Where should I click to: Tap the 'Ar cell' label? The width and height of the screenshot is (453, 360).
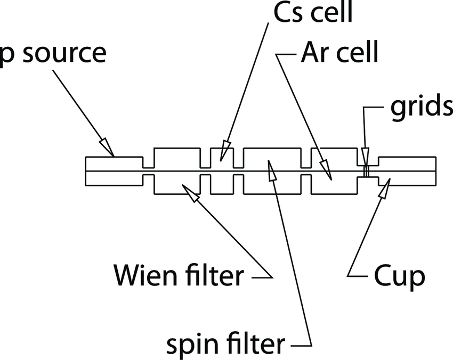[x=338, y=54]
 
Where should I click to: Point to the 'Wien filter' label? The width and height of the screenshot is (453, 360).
[x=179, y=276]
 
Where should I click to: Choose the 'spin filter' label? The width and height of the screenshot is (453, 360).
[x=226, y=345]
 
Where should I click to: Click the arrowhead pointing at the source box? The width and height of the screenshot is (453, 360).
[x=107, y=148]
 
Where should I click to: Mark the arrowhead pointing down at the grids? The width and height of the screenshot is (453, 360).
[x=365, y=157]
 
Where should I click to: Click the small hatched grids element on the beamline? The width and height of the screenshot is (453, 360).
[x=366, y=171]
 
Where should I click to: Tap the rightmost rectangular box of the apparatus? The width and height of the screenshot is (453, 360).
[x=407, y=171]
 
